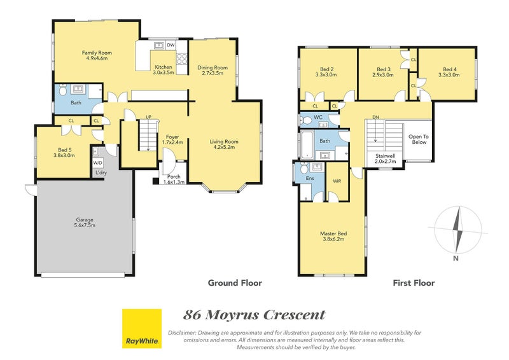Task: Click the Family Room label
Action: (97, 53)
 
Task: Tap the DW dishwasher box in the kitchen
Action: (171, 45)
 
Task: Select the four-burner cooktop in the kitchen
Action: (181, 59)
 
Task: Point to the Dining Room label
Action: (213, 67)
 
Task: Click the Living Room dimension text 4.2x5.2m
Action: (224, 147)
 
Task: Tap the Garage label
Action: (85, 220)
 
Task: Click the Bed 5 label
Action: (65, 149)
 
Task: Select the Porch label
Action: (174, 177)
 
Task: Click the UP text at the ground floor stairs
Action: (148, 117)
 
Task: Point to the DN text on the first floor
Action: (375, 117)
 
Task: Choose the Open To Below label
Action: (419, 139)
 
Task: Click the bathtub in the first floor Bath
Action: (307, 145)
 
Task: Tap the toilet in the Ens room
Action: (304, 168)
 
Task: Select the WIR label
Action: (337, 181)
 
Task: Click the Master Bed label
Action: (333, 233)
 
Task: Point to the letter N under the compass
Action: (456, 258)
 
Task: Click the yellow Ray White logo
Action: (142, 328)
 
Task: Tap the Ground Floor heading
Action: (235, 283)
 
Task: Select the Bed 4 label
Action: (450, 69)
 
